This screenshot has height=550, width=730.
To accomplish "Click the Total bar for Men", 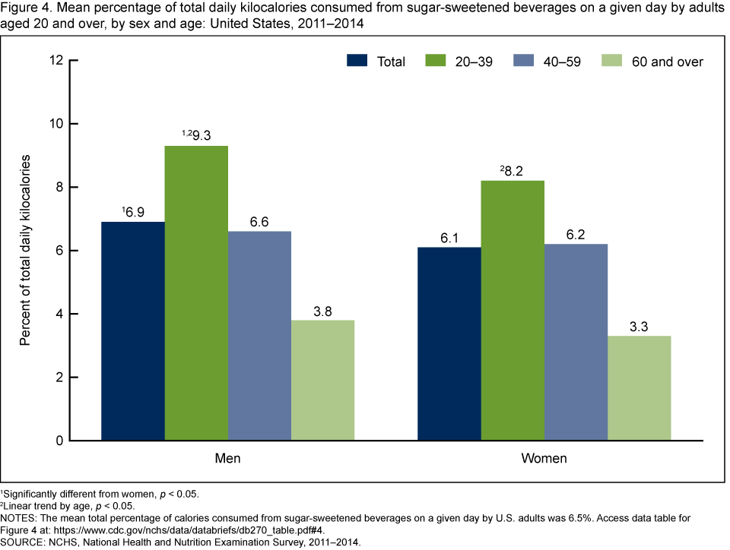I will click(x=132, y=331).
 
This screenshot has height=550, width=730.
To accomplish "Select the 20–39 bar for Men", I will click(x=196, y=293).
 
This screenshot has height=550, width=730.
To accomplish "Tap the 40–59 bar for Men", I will click(x=259, y=336).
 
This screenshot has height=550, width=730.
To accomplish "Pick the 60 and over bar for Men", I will click(x=322, y=380).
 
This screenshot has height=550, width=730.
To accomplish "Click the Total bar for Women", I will click(x=449, y=343).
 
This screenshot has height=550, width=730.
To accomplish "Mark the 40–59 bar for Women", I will click(x=576, y=342).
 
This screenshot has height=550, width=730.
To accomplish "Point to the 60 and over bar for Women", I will click(x=639, y=388).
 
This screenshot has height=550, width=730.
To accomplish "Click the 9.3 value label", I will click(x=201, y=134).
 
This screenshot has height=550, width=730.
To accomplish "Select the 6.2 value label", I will click(x=576, y=232).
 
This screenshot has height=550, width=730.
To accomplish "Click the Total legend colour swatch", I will click(x=358, y=61).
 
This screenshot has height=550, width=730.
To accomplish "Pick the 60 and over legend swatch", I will click(x=614, y=61).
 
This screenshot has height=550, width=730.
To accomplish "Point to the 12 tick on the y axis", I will click(x=56, y=60).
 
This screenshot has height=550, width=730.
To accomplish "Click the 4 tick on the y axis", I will click(x=59, y=314).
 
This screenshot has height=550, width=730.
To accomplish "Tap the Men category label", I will click(x=227, y=460).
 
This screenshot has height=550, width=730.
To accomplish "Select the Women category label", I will click(x=544, y=460).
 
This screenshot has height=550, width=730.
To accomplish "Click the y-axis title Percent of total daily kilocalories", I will click(x=25, y=250).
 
